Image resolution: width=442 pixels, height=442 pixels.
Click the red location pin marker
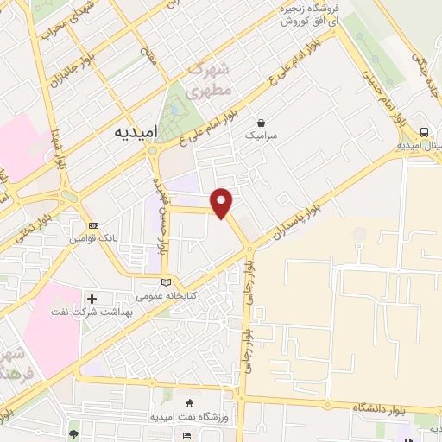tap(223, 202)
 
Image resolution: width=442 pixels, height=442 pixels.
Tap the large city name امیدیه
tap(136, 134)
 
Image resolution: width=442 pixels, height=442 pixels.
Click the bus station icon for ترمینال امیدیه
tap(424, 132)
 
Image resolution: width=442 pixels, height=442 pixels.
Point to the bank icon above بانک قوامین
tap(94, 225)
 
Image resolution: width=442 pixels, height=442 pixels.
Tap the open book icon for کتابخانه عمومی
tap(167, 282)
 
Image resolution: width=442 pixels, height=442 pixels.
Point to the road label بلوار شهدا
tap(59, 152)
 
